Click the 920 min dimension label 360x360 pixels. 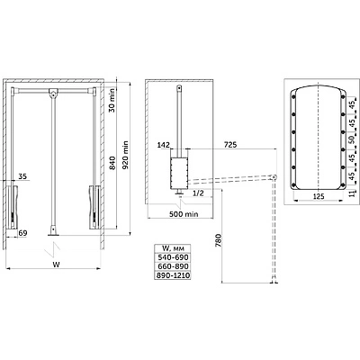tap(126, 155)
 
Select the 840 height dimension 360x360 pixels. tap(112, 163)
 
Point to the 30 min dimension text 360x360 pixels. tap(112, 100)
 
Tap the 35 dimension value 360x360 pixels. tap(22, 176)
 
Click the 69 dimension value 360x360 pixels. tap(22, 233)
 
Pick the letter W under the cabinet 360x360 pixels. tap(56, 265)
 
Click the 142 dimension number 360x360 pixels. tap(164, 145)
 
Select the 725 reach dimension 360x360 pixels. tap(230, 145)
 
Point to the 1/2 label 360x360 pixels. tap(198, 193)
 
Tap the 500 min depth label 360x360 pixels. tap(184, 214)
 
